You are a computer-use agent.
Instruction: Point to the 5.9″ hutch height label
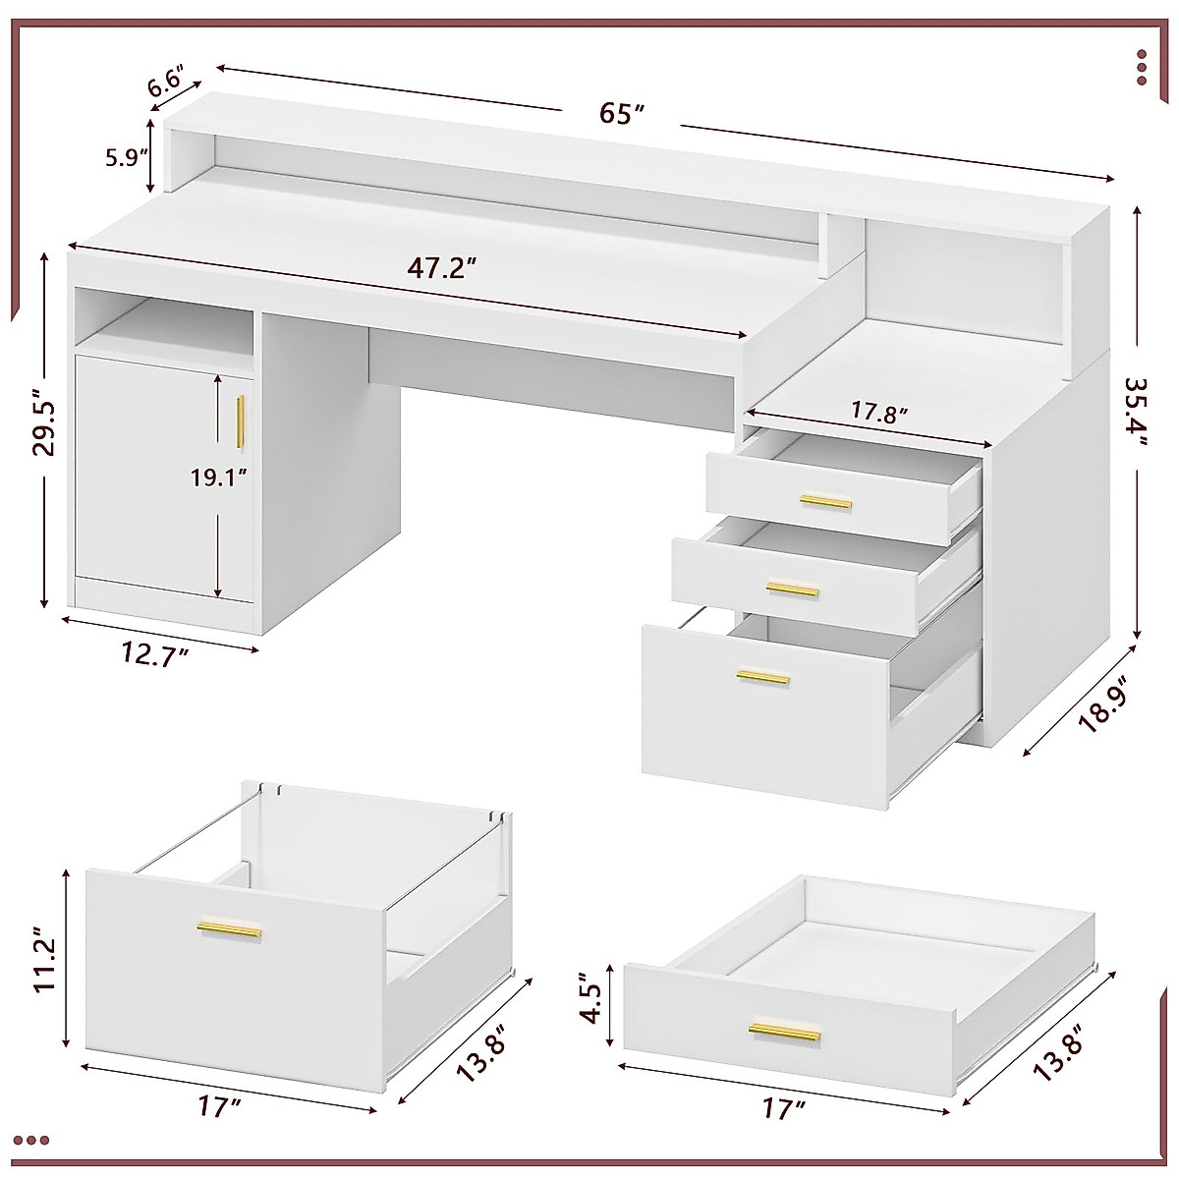coord(126,157)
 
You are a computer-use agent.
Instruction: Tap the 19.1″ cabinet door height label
coord(218,477)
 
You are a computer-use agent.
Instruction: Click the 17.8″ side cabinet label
coord(877,412)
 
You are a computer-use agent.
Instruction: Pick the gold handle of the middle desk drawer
coord(793,589)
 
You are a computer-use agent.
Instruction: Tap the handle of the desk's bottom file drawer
coord(762,678)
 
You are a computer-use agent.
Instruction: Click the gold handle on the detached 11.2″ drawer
coord(229,929)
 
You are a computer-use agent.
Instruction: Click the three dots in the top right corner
coord(1141,67)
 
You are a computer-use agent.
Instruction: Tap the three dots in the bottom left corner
coord(37,1141)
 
